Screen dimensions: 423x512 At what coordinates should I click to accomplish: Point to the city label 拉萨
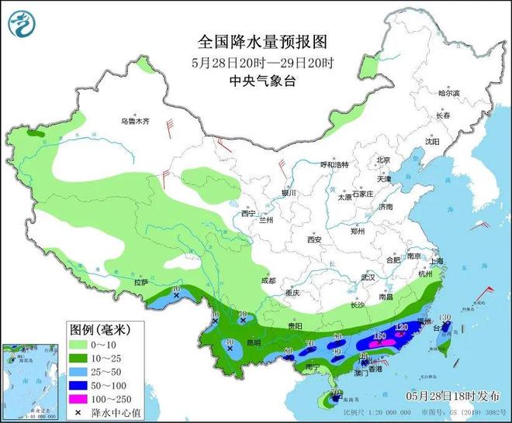(x=140, y=283)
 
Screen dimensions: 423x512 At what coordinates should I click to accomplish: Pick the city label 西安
(x=313, y=239)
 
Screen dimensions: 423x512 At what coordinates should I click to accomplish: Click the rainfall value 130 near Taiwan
(x=445, y=318)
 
